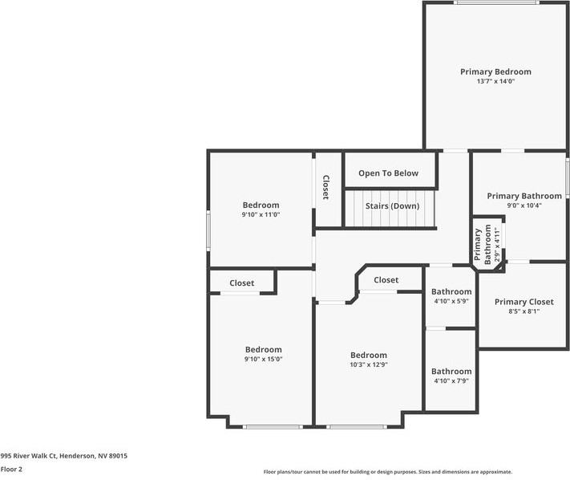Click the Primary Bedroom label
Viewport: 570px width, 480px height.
[x=495, y=71]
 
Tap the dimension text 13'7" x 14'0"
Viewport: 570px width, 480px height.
[x=495, y=81]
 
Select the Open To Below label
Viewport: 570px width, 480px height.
[x=388, y=173]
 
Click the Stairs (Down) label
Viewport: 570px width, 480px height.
[x=392, y=205]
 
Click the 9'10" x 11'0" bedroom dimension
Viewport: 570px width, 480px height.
[x=261, y=214]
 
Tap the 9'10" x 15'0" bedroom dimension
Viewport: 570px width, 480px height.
[x=263, y=359]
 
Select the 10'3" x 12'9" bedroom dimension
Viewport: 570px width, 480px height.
[x=368, y=364]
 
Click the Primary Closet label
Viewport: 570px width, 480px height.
[x=524, y=302]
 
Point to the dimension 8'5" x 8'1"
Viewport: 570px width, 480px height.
[x=524, y=311]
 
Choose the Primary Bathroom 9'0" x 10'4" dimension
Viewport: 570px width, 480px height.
[x=524, y=205]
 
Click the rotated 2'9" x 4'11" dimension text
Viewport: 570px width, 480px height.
[x=497, y=246]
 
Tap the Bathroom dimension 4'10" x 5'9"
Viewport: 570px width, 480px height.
[x=451, y=301]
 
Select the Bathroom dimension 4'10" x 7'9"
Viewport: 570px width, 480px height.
[x=451, y=381]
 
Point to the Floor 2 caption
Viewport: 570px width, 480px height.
[x=11, y=469]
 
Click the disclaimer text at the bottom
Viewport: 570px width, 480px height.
[x=387, y=472]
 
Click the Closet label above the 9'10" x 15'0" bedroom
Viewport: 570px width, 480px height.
[x=242, y=283]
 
